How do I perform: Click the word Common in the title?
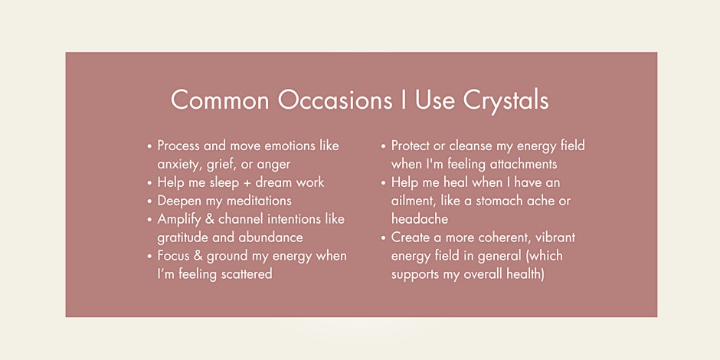coord(220,100)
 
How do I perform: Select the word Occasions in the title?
coord(335,100)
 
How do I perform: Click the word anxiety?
coord(177,165)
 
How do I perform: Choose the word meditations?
coord(255,201)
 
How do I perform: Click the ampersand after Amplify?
coord(208,219)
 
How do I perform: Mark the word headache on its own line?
coord(419,219)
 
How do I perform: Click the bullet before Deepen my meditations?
coord(149,201)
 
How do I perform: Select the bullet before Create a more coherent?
coord(383,238)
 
